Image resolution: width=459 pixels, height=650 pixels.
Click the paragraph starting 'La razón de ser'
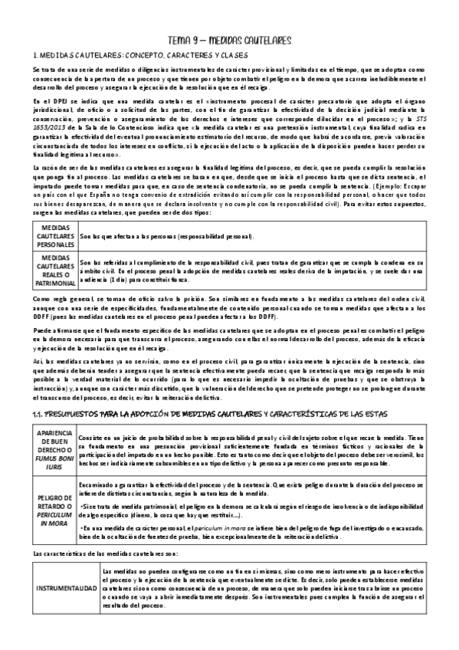pos(229,188)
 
